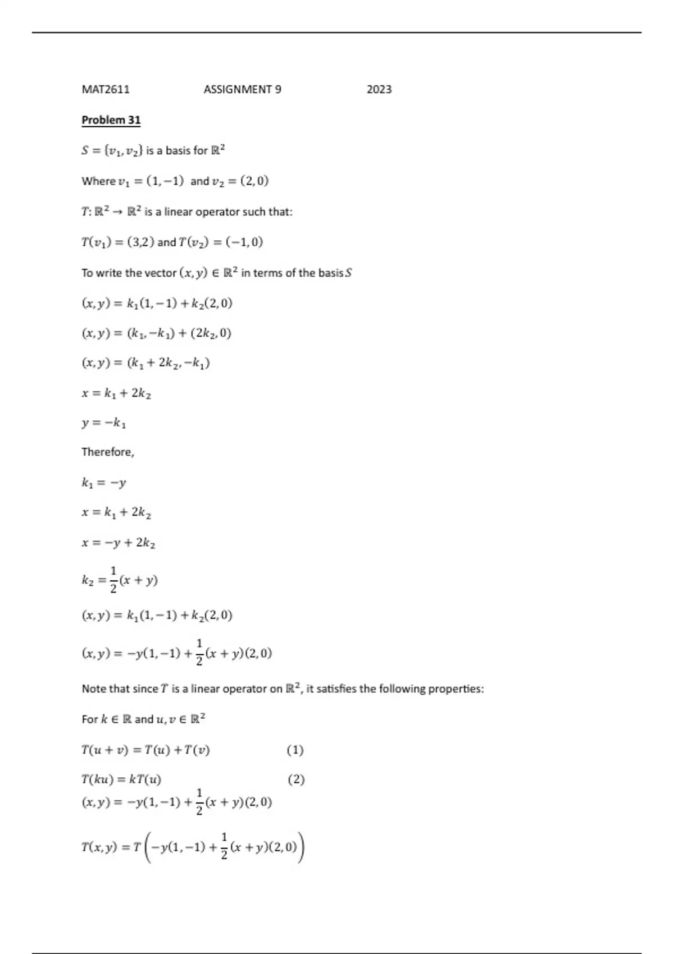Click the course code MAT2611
click(106, 89)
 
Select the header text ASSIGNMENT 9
click(242, 89)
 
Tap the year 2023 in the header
click(379, 89)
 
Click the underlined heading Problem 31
click(111, 120)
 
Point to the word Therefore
click(107, 452)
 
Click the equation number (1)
click(295, 750)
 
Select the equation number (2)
click(296, 779)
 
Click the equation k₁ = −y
click(104, 483)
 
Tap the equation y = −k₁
click(104, 423)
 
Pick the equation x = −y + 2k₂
click(118, 543)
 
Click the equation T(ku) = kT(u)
click(121, 779)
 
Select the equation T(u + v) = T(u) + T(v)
click(145, 750)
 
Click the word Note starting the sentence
click(93, 689)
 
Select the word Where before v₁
click(98, 181)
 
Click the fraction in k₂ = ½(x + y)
click(113, 580)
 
